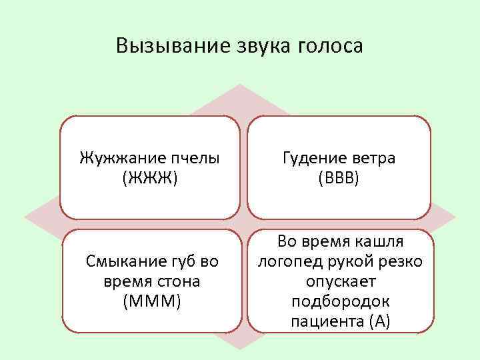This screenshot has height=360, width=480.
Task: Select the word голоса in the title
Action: pos(331,46)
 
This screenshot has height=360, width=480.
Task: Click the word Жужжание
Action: pos(119,159)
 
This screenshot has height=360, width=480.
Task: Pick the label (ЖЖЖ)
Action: pos(150,179)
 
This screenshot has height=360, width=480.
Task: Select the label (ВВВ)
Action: pos(340,179)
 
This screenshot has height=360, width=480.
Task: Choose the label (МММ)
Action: pos(151,301)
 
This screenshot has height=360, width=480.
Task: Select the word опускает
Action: pos(340,281)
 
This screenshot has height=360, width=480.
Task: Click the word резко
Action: pos(401,261)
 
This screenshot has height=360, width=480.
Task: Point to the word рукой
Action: pos(349,261)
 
